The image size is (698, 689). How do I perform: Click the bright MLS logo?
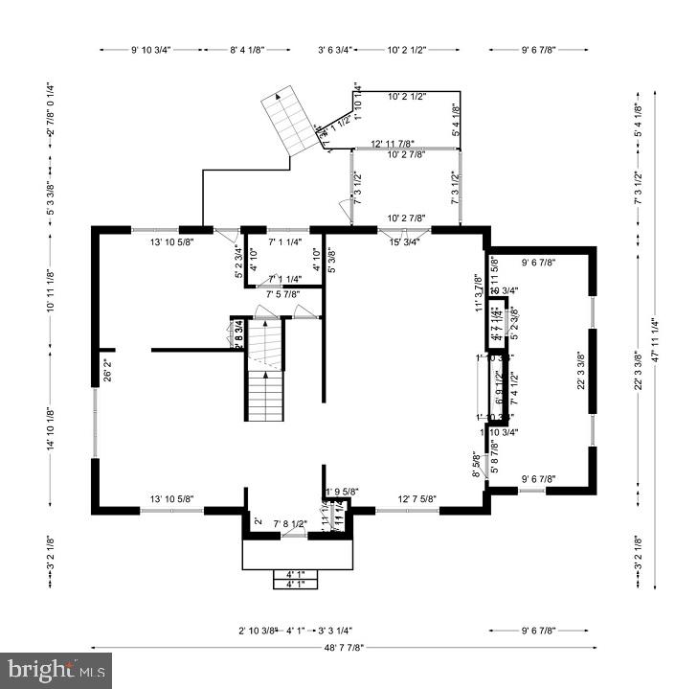[x=56, y=670]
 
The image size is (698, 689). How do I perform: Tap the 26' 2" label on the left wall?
[x=107, y=368]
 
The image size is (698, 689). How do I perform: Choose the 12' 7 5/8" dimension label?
[x=417, y=498]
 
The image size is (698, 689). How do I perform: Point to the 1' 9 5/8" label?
[x=342, y=493]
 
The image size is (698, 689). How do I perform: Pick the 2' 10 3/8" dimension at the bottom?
[x=258, y=631]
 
